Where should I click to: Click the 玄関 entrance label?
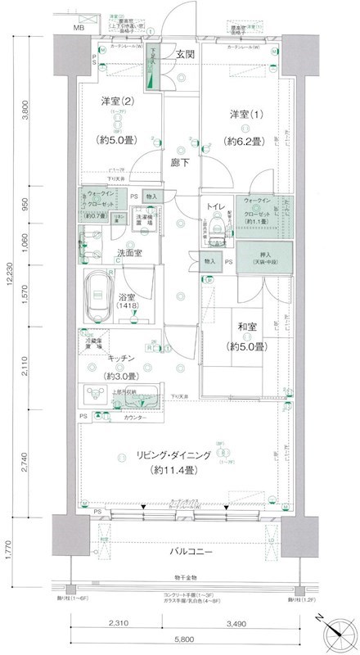(182, 55)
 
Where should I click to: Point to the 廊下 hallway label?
(182, 163)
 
